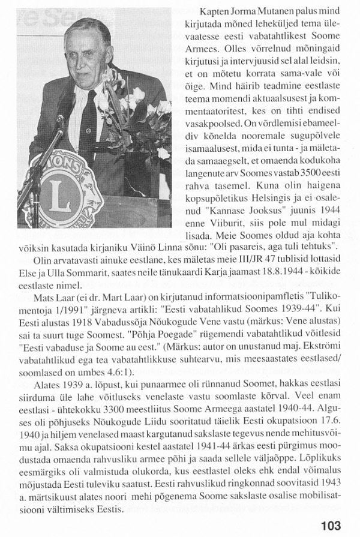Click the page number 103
[331, 526]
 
